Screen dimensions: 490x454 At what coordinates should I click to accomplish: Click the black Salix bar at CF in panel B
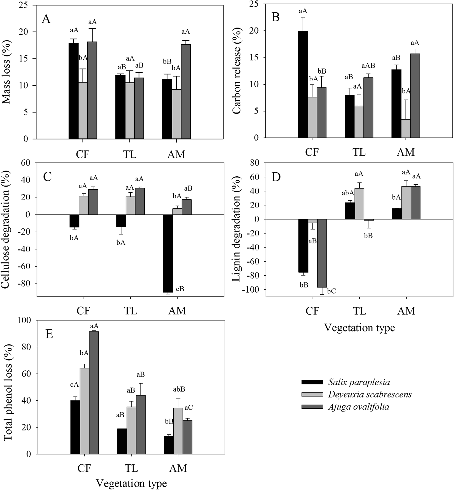point(303,84)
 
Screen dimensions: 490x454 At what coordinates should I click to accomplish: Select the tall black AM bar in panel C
point(168,253)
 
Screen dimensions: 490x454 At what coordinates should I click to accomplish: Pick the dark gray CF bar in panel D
point(322,253)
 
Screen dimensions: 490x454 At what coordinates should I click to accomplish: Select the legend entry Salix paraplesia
point(359,382)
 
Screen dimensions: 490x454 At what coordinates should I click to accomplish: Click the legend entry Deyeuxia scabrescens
point(370,395)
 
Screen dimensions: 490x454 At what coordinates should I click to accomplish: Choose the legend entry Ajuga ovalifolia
point(359,407)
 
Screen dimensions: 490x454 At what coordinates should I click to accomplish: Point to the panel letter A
point(46,19)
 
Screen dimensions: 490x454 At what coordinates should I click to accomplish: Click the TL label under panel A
point(130,154)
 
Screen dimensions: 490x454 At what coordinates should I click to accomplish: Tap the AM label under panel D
point(406,311)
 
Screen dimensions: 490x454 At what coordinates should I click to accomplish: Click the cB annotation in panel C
point(180,289)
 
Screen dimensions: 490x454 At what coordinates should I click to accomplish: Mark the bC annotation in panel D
point(331,291)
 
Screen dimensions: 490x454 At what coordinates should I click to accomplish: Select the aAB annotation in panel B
point(368,66)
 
